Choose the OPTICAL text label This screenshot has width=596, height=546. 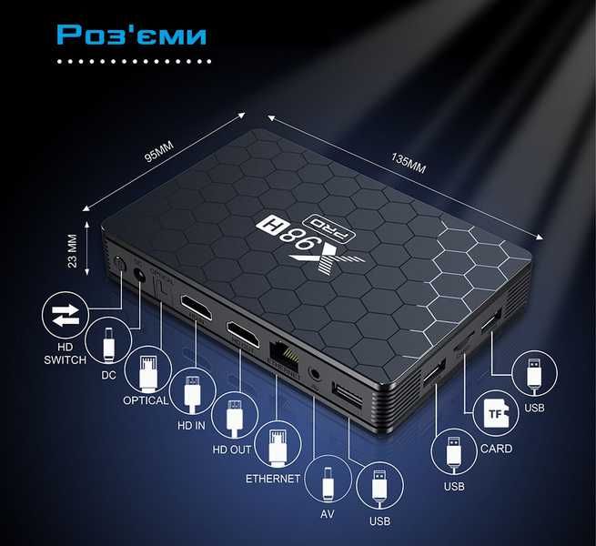[146, 400]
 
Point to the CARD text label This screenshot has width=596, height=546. [496, 449]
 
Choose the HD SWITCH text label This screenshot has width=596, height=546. [64, 352]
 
